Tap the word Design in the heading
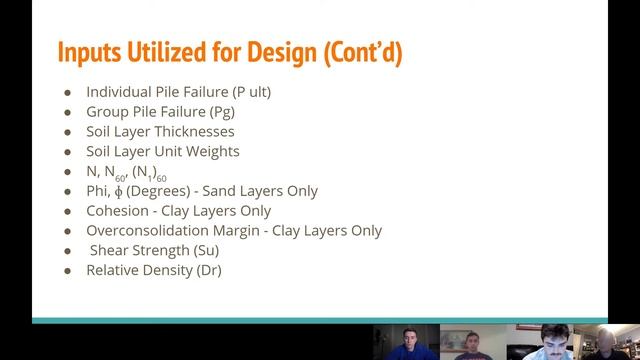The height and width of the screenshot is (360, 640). point(286,52)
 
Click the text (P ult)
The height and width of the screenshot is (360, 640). point(251,92)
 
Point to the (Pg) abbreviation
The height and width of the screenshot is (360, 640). point(222,112)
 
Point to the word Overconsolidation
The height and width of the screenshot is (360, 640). point(146,231)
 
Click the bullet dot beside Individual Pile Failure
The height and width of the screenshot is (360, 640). point(68,92)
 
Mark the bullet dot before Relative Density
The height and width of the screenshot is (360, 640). point(68,271)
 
